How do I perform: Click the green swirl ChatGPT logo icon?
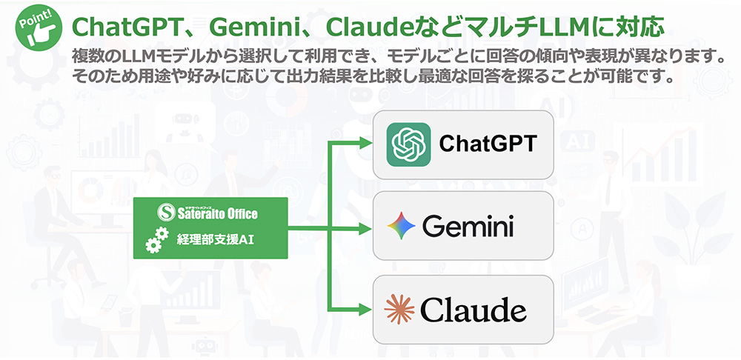[408, 144]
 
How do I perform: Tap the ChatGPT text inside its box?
[487, 143]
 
